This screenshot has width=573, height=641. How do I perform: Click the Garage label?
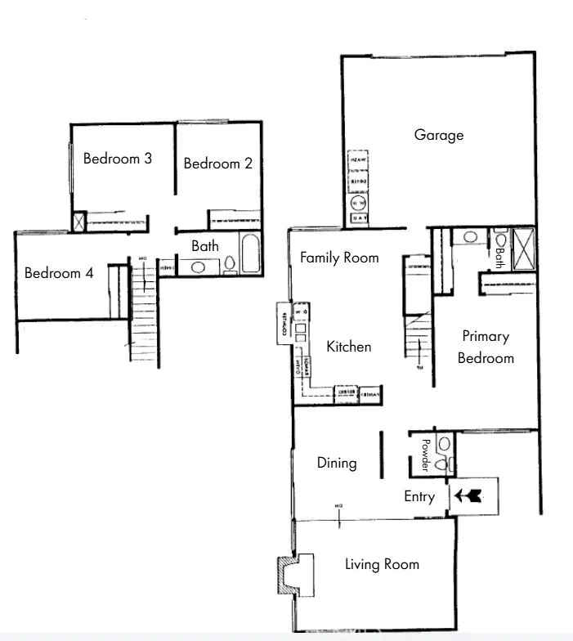click(x=439, y=135)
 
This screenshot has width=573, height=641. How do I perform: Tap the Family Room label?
click(x=339, y=258)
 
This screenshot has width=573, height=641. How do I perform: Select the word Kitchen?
click(x=349, y=347)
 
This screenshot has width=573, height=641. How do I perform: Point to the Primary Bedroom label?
click(x=486, y=347)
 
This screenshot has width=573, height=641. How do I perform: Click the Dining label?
click(x=337, y=463)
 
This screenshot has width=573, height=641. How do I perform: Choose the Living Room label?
click(x=382, y=564)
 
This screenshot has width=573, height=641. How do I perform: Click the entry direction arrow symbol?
click(x=469, y=495)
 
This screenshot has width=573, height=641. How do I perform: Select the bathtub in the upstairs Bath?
click(x=248, y=254)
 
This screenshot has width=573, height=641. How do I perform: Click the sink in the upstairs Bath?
click(x=199, y=267)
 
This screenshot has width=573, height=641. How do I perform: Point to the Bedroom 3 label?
click(x=118, y=159)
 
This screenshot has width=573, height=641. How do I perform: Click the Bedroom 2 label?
click(x=217, y=164)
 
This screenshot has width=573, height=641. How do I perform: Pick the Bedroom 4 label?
click(x=59, y=273)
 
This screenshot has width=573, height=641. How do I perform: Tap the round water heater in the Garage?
click(x=358, y=203)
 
